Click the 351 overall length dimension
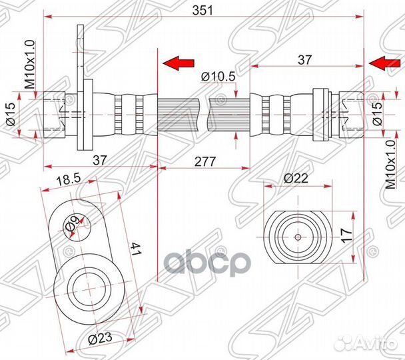click(x=202, y=11)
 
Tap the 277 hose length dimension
click(x=204, y=162)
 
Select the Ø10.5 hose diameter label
click(x=218, y=77)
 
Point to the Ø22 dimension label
click(x=296, y=178)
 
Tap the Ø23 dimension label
click(x=100, y=338)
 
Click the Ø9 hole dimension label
click(x=73, y=223)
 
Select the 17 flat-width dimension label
click(x=346, y=235)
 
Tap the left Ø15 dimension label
click(x=11, y=114)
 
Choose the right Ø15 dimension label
click(x=377, y=113)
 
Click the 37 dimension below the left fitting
click(x=100, y=161)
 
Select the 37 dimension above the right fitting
click(x=305, y=60)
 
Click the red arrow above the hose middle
click(x=179, y=63)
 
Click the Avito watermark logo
click(x=367, y=343)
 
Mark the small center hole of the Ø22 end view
click(x=298, y=237)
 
